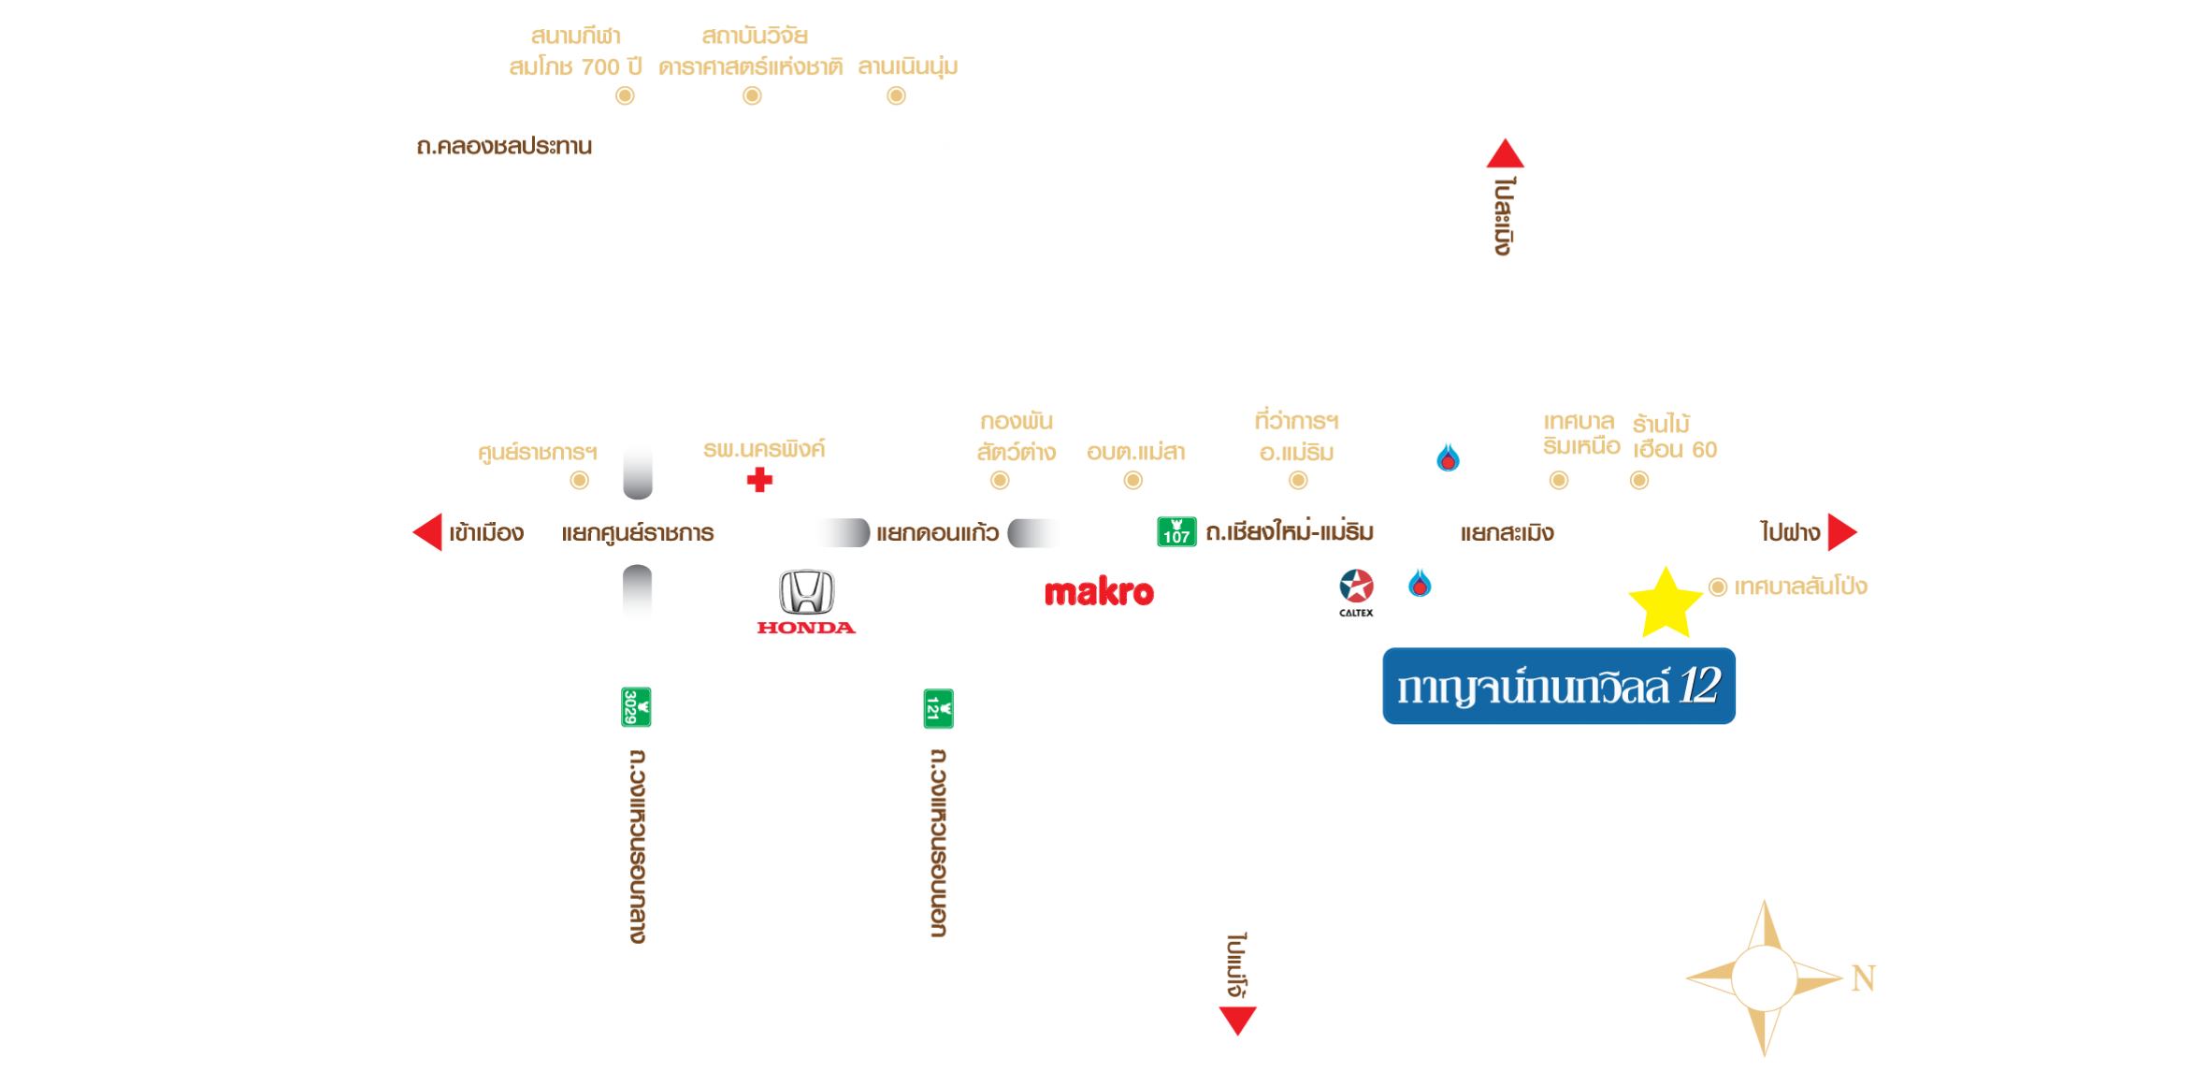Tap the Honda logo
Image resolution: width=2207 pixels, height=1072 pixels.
click(806, 602)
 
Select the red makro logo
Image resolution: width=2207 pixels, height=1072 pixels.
click(1099, 592)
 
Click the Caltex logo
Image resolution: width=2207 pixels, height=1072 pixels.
click(1356, 593)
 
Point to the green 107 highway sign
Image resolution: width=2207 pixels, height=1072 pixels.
click(1176, 531)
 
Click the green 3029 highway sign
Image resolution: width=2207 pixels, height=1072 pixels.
click(636, 707)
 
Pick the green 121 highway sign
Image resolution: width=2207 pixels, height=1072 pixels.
click(938, 708)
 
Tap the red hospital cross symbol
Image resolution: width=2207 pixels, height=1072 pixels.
click(759, 480)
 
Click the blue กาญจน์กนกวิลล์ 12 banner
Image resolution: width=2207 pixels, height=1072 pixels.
click(1559, 687)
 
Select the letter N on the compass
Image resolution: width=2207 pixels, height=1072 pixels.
click(1863, 978)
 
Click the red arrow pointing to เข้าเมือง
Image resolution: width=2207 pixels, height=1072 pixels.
click(427, 532)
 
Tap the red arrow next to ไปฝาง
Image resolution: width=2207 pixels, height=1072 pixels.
click(1841, 532)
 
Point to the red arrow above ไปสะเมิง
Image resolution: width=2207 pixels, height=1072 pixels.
click(1505, 153)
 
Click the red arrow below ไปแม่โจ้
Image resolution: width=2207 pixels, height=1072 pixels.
click(1237, 1021)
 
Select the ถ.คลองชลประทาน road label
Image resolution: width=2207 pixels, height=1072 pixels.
click(504, 147)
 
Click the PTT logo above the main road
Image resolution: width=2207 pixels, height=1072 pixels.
click(1448, 469)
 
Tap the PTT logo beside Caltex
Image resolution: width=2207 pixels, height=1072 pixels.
click(1420, 594)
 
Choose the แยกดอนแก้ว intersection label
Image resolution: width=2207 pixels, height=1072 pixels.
click(937, 533)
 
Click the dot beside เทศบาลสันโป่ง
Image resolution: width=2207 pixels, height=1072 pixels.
click(1718, 587)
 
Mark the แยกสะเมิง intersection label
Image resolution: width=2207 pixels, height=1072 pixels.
click(1507, 533)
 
